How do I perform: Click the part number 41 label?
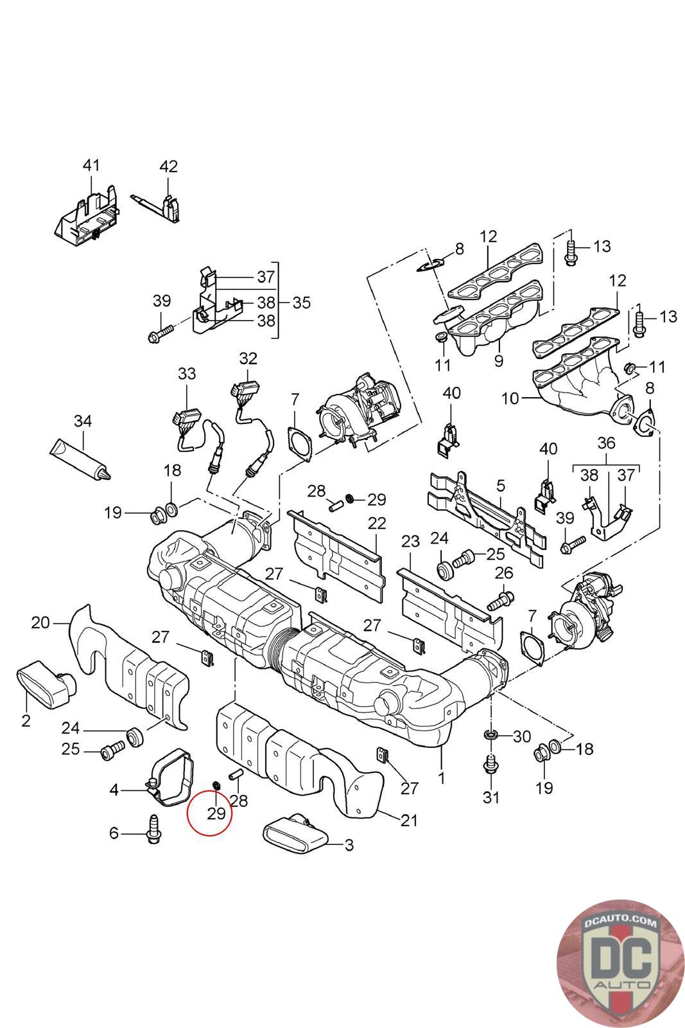91,165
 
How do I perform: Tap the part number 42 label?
168,166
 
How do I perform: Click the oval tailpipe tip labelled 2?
46,686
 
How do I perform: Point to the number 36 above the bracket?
606,443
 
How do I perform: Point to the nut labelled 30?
490,734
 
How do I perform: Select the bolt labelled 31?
490,765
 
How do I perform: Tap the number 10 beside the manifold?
510,398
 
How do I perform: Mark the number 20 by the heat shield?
40,622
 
